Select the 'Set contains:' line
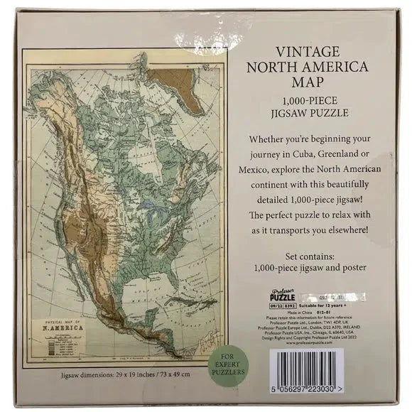[x=315, y=253]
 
